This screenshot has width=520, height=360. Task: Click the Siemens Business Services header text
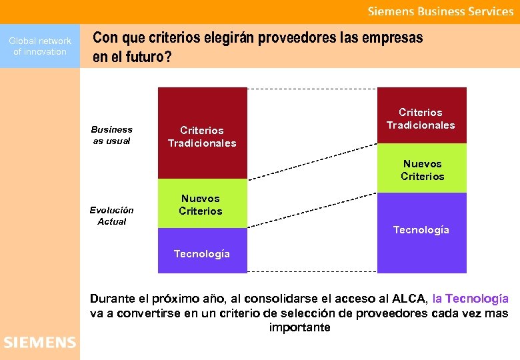(441, 11)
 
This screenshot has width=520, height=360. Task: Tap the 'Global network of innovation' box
(40, 46)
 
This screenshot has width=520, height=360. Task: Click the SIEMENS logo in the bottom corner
(40, 342)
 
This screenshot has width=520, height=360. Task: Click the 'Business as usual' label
(111, 135)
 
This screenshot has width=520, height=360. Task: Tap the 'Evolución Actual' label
(111, 215)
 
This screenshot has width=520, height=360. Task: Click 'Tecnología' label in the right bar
(421, 230)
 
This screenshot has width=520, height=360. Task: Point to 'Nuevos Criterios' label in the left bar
(201, 205)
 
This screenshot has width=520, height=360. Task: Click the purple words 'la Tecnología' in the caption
(470, 299)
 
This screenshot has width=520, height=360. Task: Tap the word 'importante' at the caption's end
(299, 327)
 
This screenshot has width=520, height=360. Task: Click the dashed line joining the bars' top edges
(312, 88)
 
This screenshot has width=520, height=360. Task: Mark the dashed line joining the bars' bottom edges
(312, 272)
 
